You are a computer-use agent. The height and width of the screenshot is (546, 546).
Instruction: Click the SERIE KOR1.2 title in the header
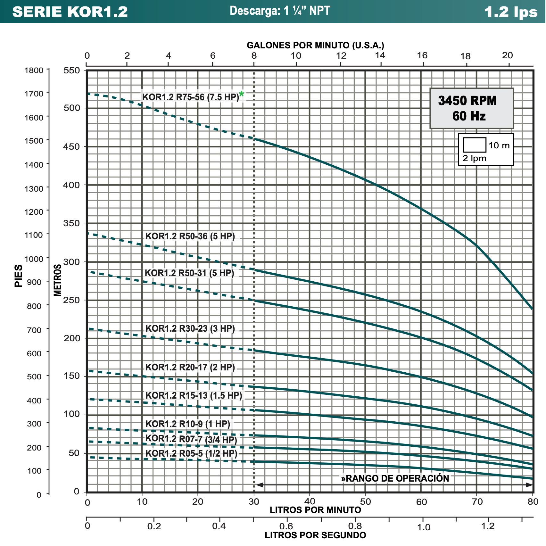70,12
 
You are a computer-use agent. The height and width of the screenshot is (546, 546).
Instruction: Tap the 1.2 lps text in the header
511,12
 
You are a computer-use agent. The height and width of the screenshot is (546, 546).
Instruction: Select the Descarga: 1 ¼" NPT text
280,11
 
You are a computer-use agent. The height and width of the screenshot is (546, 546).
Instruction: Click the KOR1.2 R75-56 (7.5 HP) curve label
191,97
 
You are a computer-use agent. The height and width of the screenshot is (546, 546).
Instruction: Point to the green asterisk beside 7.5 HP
241,94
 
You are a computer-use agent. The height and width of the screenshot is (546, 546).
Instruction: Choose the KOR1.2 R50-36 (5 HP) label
190,236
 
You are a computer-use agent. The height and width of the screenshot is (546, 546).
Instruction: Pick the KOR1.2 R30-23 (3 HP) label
190,328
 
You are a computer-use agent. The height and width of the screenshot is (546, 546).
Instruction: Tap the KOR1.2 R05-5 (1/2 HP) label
191,453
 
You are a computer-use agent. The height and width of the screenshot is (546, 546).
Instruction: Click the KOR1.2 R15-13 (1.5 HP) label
194,395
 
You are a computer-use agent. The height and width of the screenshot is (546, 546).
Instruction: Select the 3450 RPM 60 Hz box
471,108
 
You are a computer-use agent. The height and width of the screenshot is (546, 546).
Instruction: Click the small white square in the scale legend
475,145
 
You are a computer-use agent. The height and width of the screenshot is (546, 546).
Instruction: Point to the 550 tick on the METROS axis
71,70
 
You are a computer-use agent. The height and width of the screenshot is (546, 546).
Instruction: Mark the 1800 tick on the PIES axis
34,70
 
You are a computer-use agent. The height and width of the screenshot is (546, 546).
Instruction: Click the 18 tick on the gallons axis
465,57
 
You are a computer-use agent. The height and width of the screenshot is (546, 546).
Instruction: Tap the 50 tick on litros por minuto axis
365,501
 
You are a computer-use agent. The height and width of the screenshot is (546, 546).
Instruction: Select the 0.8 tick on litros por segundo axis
355,526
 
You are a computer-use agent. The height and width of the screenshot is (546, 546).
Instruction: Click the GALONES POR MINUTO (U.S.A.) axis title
315,45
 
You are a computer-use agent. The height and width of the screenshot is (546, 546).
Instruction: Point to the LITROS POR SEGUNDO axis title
315,535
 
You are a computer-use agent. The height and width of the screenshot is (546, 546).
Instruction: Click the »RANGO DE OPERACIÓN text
395,478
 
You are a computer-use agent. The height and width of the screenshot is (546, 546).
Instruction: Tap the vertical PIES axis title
19,276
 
